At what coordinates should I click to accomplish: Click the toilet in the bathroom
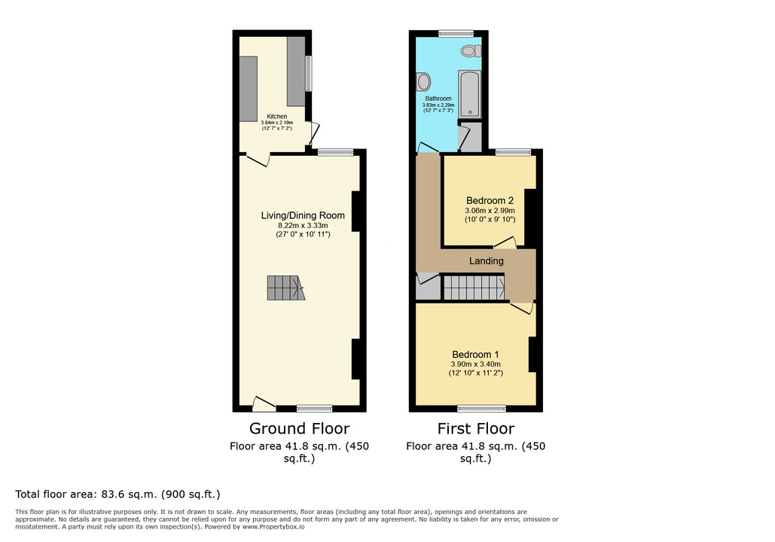tap(471, 50)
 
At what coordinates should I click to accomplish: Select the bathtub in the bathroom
tap(469, 93)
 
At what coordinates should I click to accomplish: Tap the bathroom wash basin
tap(423, 81)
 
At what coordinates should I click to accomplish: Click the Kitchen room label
tap(277, 117)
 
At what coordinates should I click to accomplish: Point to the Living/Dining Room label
tap(303, 215)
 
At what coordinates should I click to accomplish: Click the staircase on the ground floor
tap(285, 288)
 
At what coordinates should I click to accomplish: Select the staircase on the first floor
tap(474, 288)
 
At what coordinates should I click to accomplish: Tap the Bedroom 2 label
tap(490, 200)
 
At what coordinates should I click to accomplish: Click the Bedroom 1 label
tap(475, 355)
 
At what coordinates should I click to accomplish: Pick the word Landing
tap(487, 261)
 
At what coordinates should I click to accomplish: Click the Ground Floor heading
tap(299, 428)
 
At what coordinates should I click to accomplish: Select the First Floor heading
tap(475, 428)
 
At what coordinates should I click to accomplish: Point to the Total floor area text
tap(117, 494)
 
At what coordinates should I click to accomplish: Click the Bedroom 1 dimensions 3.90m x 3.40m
tap(475, 364)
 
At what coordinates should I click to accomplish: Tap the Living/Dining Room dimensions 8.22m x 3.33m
tap(303, 225)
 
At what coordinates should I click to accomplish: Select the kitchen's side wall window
tap(309, 73)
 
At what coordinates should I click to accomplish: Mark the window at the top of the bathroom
tap(456, 33)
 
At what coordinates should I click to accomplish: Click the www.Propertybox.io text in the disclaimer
tap(273, 527)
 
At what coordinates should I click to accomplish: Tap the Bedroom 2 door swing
tap(505, 242)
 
